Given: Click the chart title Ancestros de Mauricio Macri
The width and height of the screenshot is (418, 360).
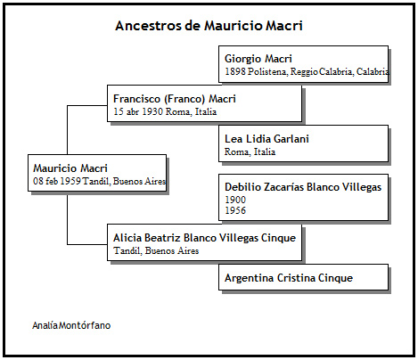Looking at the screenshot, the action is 209,26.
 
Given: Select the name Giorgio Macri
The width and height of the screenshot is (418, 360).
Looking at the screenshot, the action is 258,59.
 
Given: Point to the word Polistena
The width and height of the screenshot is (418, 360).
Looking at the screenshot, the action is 267,71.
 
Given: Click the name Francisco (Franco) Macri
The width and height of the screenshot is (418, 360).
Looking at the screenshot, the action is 175,99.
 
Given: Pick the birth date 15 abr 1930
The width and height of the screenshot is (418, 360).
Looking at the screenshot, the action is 138,111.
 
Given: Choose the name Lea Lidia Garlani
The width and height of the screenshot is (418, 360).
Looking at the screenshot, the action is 266,139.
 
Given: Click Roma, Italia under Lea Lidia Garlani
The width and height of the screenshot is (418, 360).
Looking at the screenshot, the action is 250,151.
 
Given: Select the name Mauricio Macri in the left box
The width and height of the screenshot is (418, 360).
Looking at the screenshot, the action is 70,168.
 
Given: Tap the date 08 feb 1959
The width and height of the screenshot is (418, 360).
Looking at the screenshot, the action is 57,181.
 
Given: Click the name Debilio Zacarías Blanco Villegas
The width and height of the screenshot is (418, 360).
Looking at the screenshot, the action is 303,187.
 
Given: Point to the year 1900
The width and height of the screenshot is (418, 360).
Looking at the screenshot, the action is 235,200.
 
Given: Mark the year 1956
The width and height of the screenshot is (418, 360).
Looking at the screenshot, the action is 235,210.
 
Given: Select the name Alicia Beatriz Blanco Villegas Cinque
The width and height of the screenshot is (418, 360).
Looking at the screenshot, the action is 205,238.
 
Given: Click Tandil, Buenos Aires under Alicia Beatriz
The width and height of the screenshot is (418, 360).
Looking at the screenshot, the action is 156,251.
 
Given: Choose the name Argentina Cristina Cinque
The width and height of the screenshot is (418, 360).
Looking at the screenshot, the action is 289,278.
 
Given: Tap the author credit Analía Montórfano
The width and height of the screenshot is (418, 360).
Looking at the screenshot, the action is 71,325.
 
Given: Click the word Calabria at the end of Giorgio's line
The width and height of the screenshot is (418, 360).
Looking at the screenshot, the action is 373,71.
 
